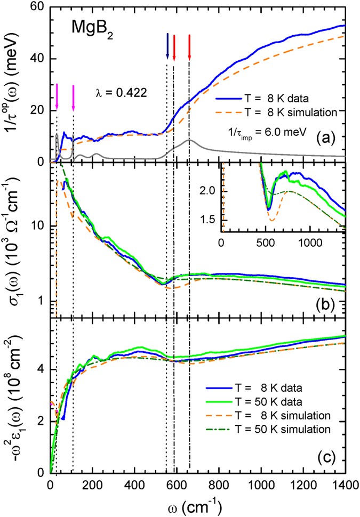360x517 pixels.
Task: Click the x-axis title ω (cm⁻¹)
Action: [x=195, y=504]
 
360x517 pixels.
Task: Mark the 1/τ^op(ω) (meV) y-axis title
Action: [x=14, y=85]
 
